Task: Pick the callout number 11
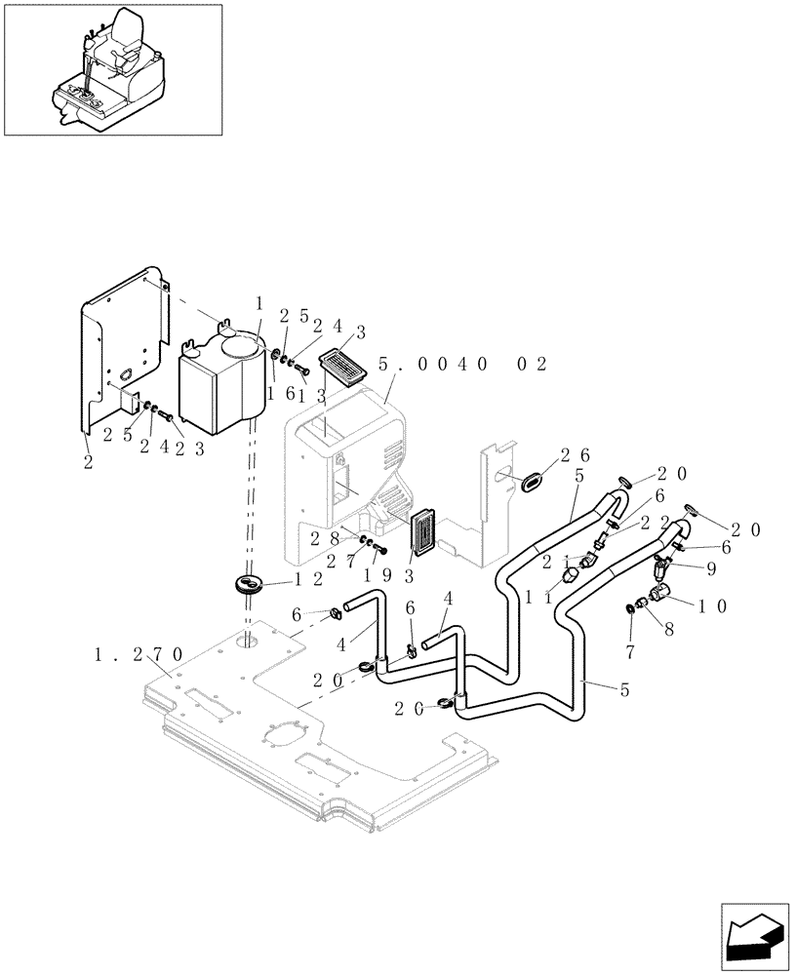pos(536,595)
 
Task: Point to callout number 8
pos(670,630)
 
